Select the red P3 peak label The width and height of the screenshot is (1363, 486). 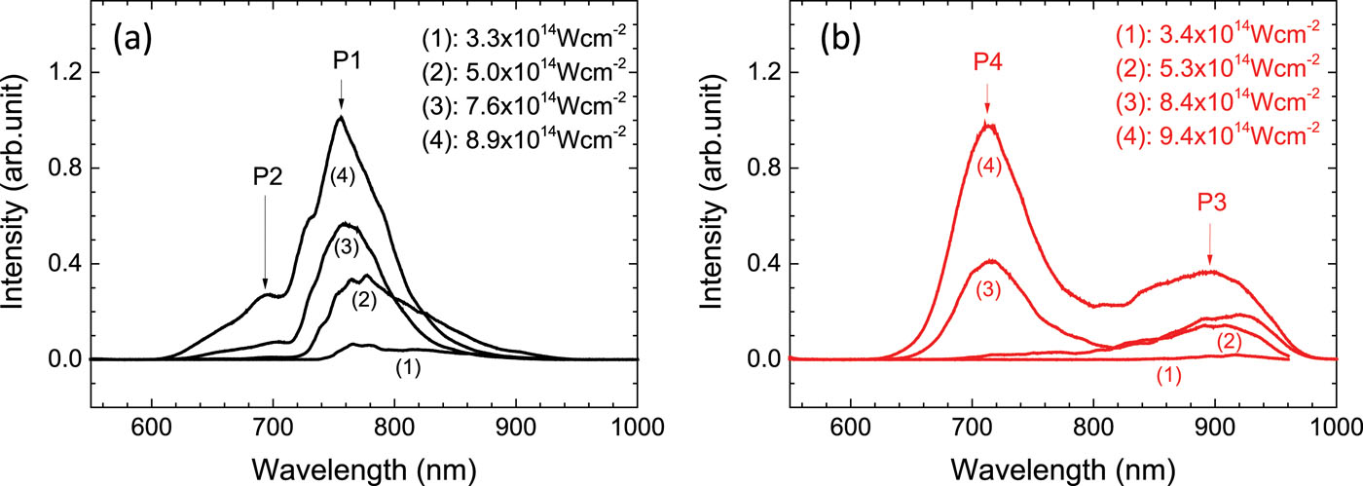(x=1210, y=206)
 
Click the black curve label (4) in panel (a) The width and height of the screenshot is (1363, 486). (x=341, y=178)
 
